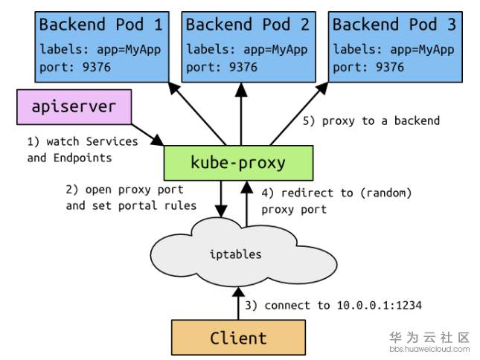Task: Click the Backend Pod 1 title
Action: point(100,25)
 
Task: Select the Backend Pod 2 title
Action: point(246,25)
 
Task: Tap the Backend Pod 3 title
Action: point(393,25)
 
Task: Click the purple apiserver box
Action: point(74,107)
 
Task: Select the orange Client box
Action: point(238,338)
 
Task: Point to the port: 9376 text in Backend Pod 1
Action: point(74,67)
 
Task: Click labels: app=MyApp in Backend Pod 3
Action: point(392,50)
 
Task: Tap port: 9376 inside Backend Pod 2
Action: point(221,67)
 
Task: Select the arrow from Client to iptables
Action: point(239,303)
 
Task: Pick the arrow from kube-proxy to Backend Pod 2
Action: point(240,112)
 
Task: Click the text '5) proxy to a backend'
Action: point(380,120)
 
